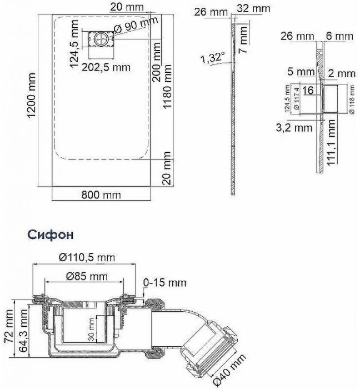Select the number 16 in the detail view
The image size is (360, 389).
coord(309,91)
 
